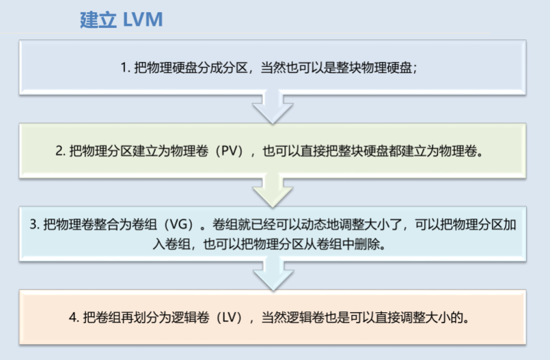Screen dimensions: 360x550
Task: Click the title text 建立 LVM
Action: [x=122, y=18]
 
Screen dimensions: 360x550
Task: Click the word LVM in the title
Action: [x=143, y=18]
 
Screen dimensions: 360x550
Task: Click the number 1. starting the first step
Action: [x=125, y=68]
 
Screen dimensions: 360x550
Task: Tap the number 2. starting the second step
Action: [x=61, y=151]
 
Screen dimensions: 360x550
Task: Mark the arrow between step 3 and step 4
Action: [x=273, y=276]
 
